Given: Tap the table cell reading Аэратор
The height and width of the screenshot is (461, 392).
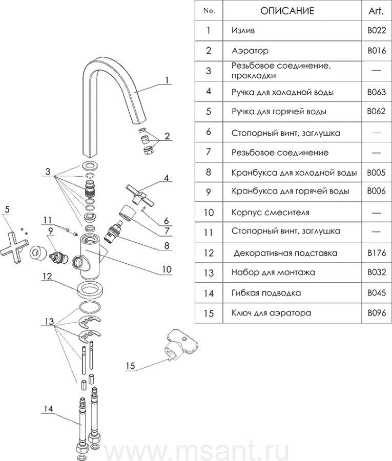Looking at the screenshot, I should pyautogui.click(x=250, y=51).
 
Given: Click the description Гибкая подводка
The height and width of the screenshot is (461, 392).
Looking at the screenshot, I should pyautogui.click(x=266, y=293).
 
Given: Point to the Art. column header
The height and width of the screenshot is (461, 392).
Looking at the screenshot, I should pyautogui.click(x=376, y=11).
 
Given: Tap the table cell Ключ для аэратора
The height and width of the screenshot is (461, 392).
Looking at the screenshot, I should pyautogui.click(x=271, y=312).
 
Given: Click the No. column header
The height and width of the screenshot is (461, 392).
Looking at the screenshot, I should pyautogui.click(x=209, y=11).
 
